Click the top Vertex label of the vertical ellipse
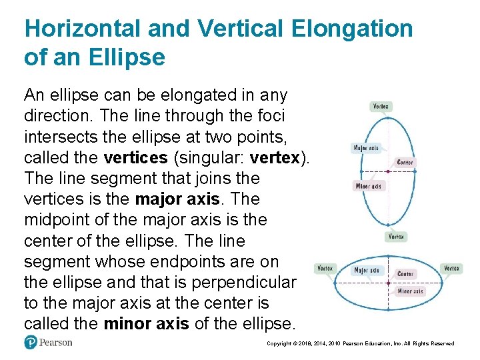[381, 106]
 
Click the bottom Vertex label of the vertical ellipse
[396, 237]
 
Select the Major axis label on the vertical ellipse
[366, 148]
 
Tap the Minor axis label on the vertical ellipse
[369, 186]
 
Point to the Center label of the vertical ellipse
[405, 162]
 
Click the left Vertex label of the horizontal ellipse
[325, 269]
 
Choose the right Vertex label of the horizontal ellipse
[451, 269]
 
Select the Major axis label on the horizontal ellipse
[366, 270]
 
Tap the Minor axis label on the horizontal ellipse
[410, 291]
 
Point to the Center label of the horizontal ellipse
[405, 274]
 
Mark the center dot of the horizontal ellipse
[388, 283]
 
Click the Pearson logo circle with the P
[31, 343]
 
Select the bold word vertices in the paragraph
[135, 158]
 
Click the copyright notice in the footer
[360, 343]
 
